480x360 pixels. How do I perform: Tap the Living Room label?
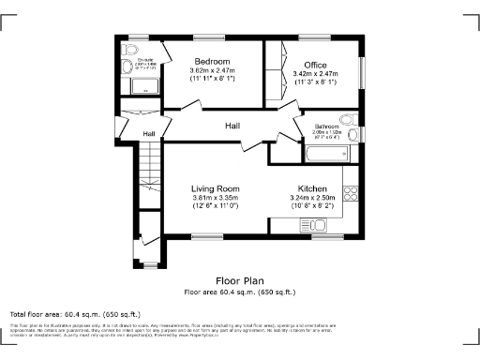point(216,188)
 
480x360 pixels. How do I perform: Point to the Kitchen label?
point(312,188)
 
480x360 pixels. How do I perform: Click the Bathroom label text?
point(326,126)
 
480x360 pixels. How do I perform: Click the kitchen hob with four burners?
point(352,193)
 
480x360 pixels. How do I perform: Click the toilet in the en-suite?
point(132,49)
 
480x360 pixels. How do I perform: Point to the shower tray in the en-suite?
point(145,88)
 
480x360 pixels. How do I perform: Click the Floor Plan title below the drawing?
point(240,280)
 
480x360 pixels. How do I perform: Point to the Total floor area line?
point(75,313)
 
